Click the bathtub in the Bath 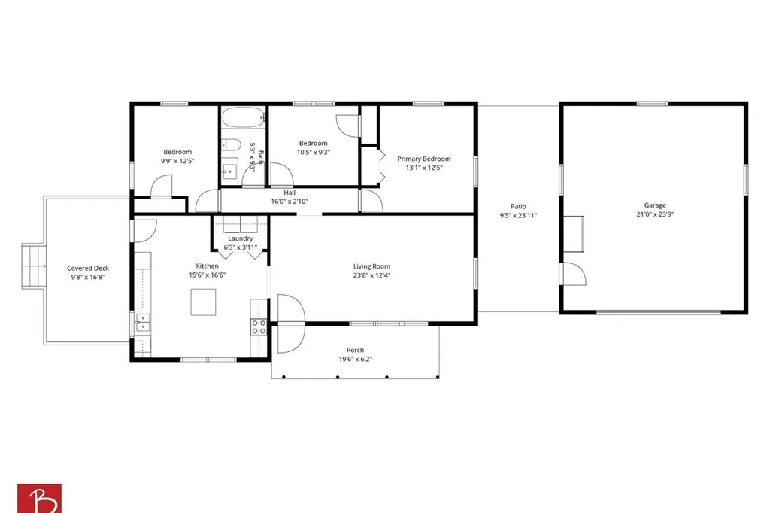point(244,118)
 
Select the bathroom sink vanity point(229,170)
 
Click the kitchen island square point(203,302)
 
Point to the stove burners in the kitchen point(259,326)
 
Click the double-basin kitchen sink point(144,323)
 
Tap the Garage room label point(655,205)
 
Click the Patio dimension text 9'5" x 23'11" point(518,215)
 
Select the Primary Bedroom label point(424,159)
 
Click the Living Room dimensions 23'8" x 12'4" point(371,275)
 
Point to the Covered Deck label point(88,269)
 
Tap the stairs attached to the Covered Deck point(33,266)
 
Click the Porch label point(355,350)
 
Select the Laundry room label point(240,238)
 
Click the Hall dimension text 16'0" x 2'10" point(290,202)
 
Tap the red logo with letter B point(39,498)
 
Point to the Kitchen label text point(208,266)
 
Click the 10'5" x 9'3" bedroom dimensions point(314,153)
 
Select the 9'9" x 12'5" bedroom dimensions point(177,161)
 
